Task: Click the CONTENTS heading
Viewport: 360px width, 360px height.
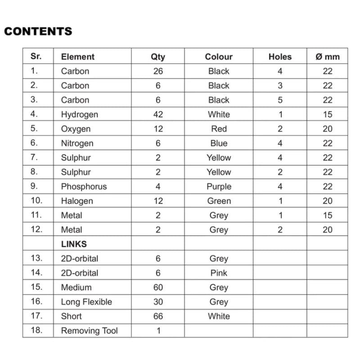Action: (x=38, y=31)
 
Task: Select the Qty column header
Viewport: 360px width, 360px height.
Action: (x=158, y=57)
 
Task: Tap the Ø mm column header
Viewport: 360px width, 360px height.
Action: (x=328, y=57)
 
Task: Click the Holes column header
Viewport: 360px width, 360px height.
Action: (x=280, y=57)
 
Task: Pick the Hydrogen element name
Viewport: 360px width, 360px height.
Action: (x=79, y=114)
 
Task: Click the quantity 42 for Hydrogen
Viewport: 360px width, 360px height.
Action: (x=158, y=114)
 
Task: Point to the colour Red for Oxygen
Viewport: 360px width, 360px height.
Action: (x=219, y=129)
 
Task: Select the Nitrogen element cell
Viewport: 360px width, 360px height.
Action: (x=77, y=143)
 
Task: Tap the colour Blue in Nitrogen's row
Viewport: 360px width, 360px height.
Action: (x=219, y=143)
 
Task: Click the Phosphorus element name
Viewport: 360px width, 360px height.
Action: (x=84, y=186)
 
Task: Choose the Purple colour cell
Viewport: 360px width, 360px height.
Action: (x=219, y=186)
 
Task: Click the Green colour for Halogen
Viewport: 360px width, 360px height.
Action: (x=219, y=201)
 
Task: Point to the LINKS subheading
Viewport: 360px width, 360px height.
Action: (x=74, y=244)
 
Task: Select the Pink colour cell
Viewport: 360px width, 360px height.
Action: (x=219, y=273)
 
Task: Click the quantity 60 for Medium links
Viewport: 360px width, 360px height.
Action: (x=158, y=287)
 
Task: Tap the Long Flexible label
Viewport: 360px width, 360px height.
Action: (x=86, y=301)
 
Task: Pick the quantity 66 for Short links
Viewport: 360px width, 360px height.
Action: (x=158, y=316)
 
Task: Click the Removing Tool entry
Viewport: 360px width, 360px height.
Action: (x=89, y=331)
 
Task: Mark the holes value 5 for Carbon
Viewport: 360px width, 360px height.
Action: (x=280, y=100)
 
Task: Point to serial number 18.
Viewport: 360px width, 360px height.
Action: (x=36, y=330)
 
